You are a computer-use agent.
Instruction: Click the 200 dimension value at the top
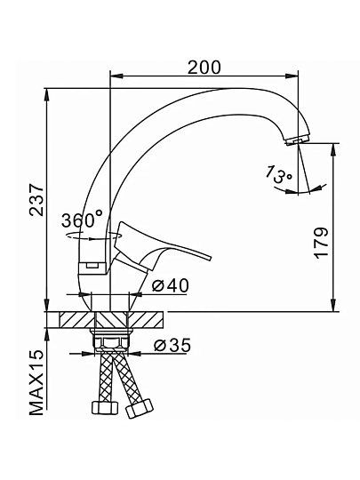(x=204, y=68)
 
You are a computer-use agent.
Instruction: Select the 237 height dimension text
(x=36, y=200)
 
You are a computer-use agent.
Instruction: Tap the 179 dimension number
(x=322, y=243)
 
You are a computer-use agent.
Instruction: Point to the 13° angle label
(x=278, y=174)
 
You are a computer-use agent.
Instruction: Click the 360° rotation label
(x=83, y=220)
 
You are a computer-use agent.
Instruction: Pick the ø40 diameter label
(x=171, y=285)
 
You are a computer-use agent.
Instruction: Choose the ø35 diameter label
(x=172, y=345)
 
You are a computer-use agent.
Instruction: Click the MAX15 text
(x=36, y=382)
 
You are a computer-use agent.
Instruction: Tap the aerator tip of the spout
(x=297, y=140)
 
